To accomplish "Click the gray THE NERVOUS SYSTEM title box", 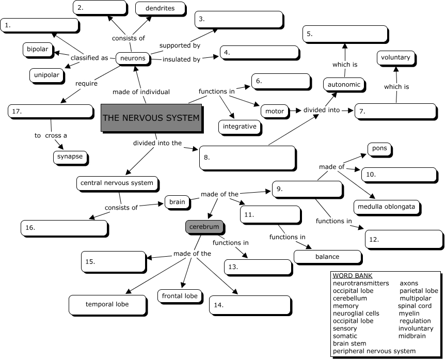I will click(x=151, y=118).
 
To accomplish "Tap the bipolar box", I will click(x=38, y=50).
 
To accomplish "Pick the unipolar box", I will click(x=47, y=75).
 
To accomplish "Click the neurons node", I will click(x=133, y=58).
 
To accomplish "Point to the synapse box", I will click(x=70, y=157).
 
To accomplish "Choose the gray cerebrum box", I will click(x=204, y=227).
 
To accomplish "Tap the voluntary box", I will click(x=395, y=58).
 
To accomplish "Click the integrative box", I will click(x=240, y=126).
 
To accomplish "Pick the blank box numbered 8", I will click(x=247, y=158).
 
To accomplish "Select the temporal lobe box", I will click(x=107, y=304).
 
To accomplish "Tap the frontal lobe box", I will click(x=180, y=296).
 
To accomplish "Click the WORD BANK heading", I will click(x=353, y=276).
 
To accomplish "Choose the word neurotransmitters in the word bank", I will click(x=361, y=284).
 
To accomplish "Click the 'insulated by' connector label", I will click(x=181, y=59).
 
